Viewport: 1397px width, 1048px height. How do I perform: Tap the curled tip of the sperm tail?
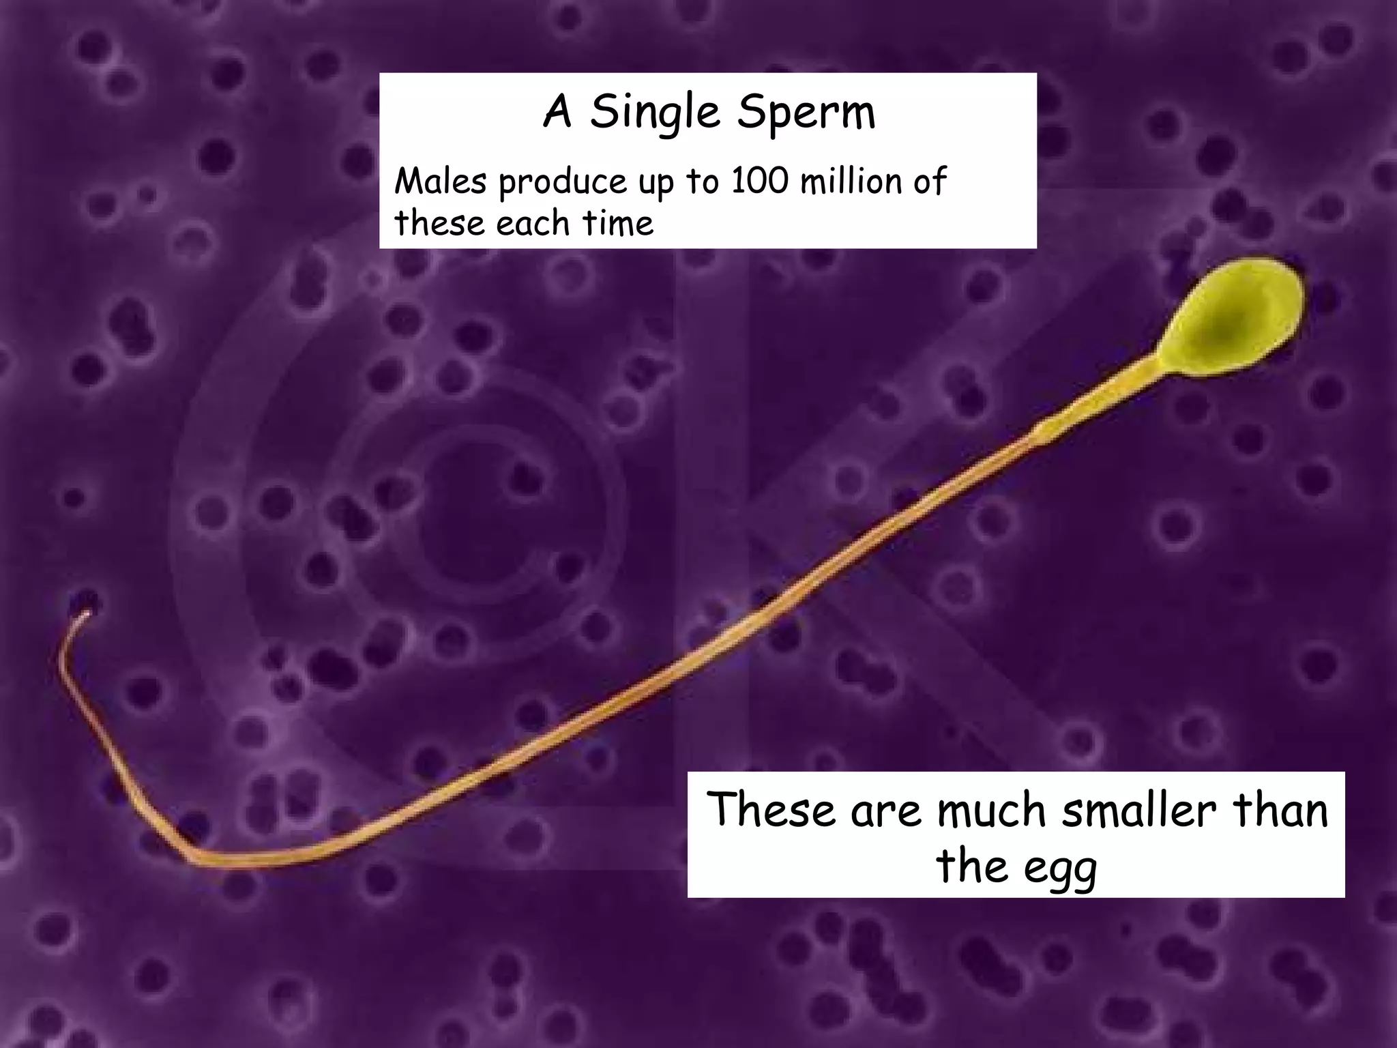tap(84, 616)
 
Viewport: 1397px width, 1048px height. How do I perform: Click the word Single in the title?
tap(655, 113)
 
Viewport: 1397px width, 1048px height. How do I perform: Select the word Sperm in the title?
tap(806, 113)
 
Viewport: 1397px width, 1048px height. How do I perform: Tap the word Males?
tap(441, 181)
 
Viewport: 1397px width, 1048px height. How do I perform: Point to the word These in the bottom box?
tap(771, 811)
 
